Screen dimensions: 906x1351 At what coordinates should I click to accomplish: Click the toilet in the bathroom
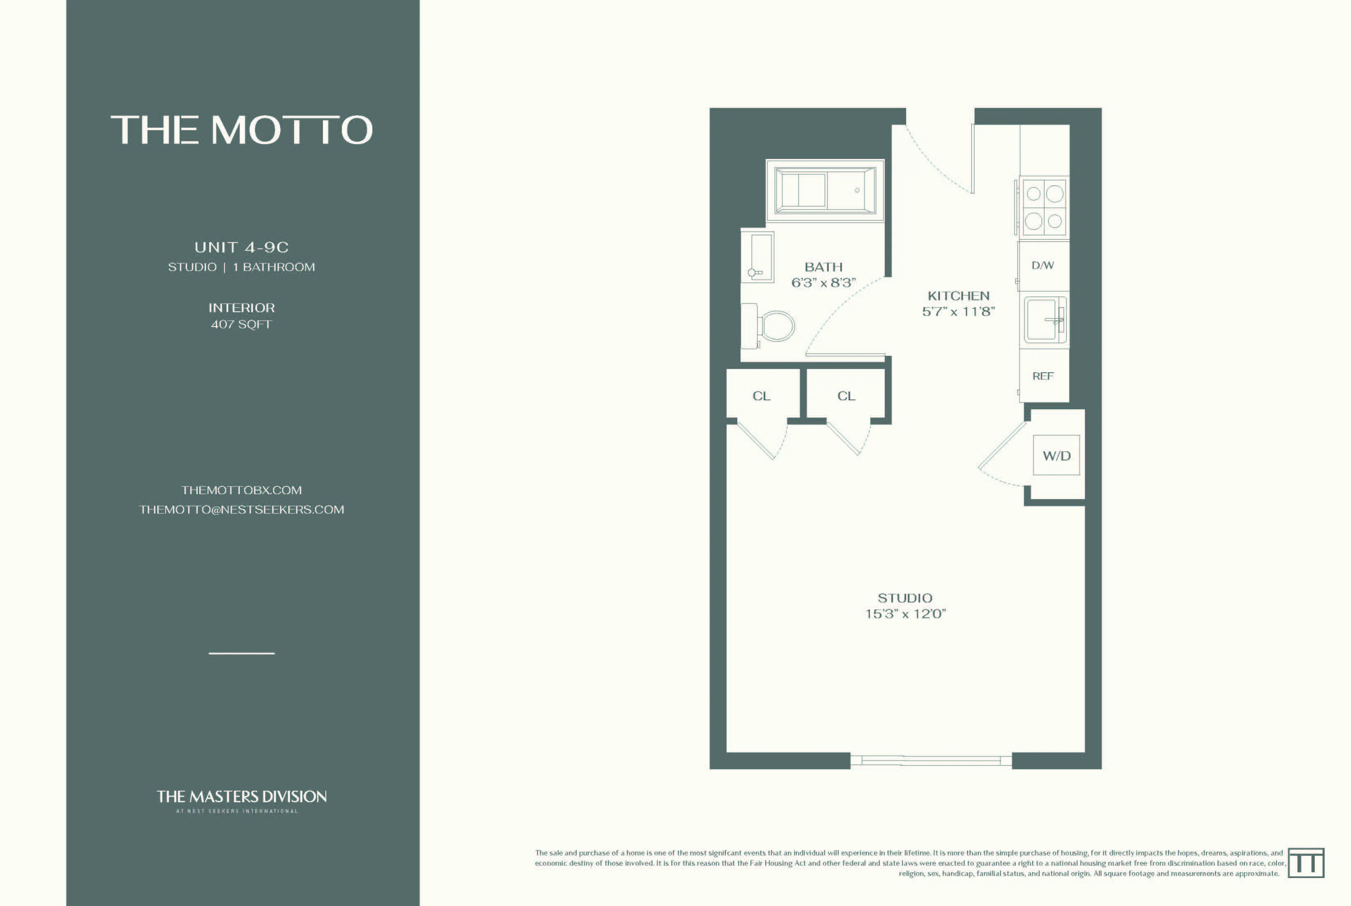coord(774,327)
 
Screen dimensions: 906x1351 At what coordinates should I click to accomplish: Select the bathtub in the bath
coord(825,190)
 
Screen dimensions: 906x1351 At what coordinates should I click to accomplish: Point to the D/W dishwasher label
coord(1042,265)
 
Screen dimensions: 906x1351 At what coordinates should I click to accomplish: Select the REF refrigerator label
coord(1043,376)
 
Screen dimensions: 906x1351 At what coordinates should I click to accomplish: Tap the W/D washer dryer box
coord(1056,455)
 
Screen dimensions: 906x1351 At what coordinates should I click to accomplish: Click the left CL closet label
coord(761,396)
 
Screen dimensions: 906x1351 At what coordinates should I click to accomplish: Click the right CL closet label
coord(846,396)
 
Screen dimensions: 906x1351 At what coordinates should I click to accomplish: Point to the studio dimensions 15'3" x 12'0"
coord(905,614)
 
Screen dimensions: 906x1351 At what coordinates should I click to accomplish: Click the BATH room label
coord(823,267)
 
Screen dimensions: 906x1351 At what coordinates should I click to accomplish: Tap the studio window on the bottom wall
coord(930,760)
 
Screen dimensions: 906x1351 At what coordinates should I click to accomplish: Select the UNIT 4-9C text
coord(241,248)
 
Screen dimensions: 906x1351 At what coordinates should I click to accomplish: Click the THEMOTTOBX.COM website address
coord(241,490)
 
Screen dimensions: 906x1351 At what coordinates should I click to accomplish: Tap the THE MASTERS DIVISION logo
coord(241,797)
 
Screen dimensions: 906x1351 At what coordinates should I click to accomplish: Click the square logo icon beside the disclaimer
coord(1306,863)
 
